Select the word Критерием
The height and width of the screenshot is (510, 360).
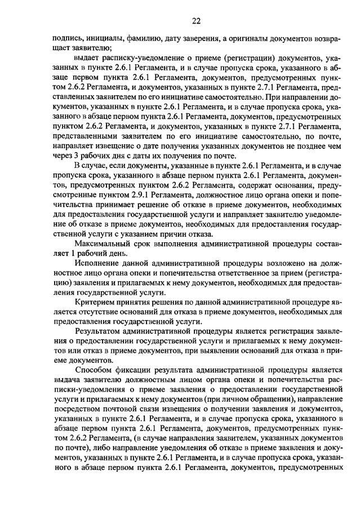(94, 304)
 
